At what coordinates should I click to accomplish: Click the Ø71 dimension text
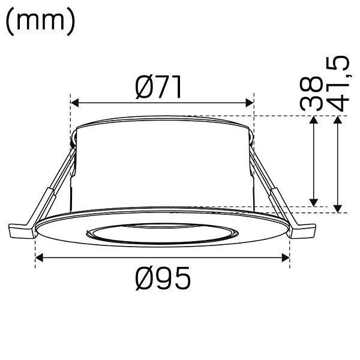point(159,87)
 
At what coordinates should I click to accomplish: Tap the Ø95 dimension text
point(163,278)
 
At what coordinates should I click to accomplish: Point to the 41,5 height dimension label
point(337,83)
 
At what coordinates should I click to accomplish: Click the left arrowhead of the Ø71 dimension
point(75,103)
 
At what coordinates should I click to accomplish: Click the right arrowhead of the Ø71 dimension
point(250,103)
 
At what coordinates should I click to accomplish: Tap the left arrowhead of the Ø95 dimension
point(40,257)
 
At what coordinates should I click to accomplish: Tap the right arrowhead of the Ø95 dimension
point(286,257)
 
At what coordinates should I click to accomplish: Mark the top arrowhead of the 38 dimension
point(314,120)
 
